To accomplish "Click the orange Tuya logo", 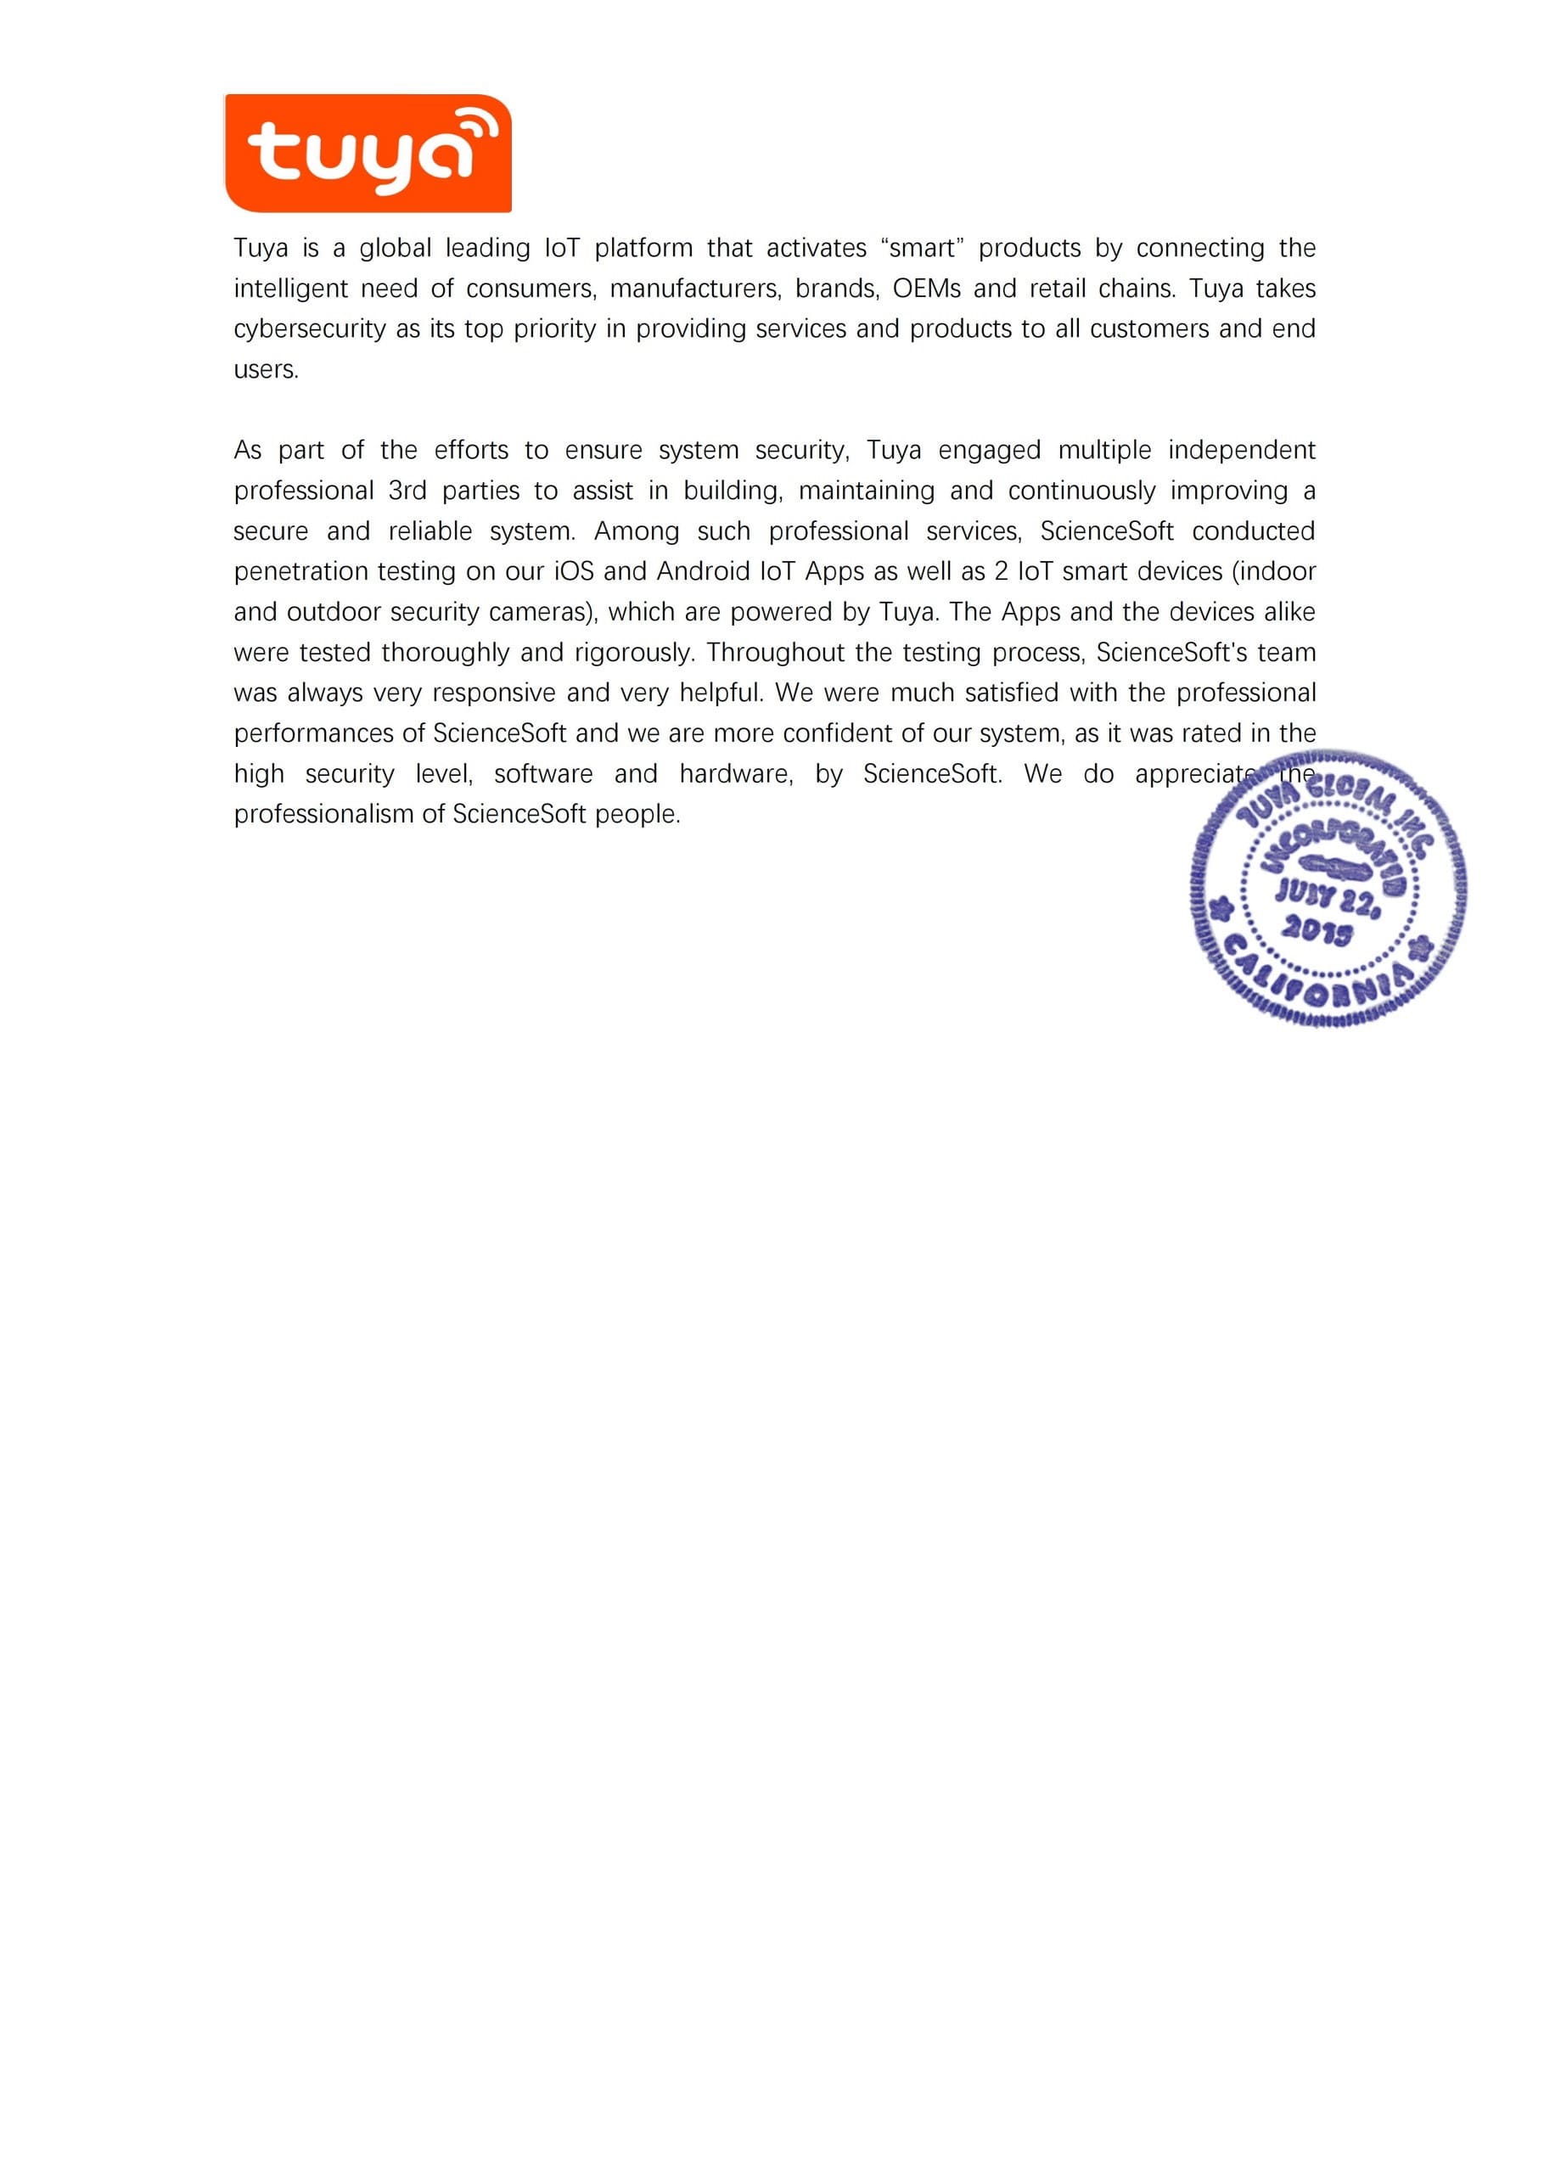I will pos(368,153).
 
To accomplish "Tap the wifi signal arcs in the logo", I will pos(478,129).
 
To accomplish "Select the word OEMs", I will pos(926,288).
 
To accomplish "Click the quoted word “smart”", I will pos(922,248).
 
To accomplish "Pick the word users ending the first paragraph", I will pos(266,370).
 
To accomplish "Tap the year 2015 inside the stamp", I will pos(1317,930).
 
